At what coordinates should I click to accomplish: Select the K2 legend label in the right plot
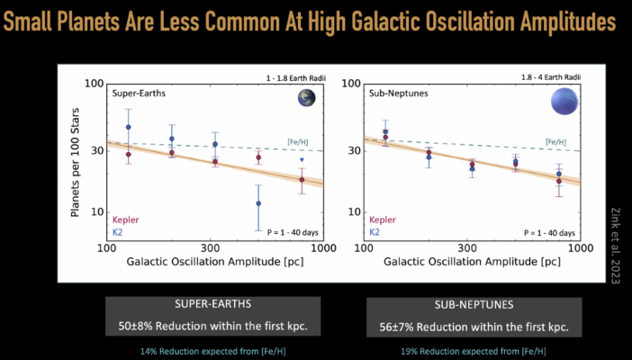pyautogui.click(x=374, y=231)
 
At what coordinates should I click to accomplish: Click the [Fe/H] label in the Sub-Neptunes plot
pyautogui.click(x=555, y=141)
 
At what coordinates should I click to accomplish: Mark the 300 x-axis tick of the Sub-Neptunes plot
pyautogui.click(x=467, y=247)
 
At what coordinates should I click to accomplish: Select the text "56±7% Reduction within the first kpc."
pyautogui.click(x=468, y=325)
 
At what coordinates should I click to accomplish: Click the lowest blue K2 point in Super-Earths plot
pyautogui.click(x=258, y=203)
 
